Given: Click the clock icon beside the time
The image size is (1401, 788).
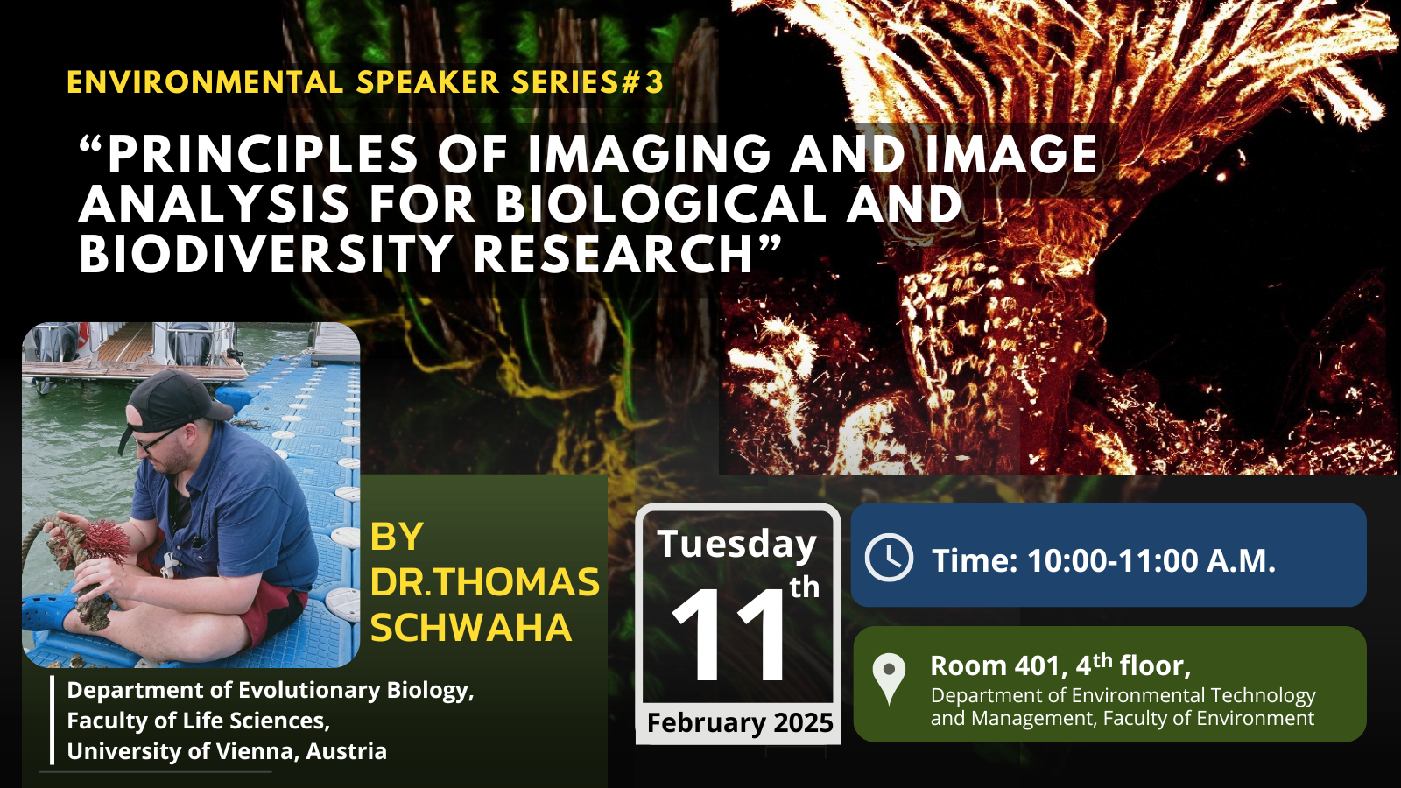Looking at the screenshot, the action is [889, 557].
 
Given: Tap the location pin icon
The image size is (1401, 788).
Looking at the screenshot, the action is [889, 679].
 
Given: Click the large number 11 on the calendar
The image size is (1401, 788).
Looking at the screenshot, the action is [729, 634].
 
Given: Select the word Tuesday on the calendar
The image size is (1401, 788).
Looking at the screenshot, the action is [736, 544].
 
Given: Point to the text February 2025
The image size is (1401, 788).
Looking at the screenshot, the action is [740, 723].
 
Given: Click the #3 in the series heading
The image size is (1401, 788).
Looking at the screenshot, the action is [642, 82].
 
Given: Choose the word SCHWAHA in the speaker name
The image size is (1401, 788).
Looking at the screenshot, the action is [472, 627].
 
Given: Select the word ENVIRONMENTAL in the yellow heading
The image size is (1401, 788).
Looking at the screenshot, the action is [205, 82].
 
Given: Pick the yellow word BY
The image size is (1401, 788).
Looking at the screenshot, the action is [397, 537].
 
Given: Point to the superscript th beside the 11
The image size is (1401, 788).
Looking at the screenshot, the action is [805, 587].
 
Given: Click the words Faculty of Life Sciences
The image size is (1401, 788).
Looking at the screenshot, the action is [198, 721].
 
